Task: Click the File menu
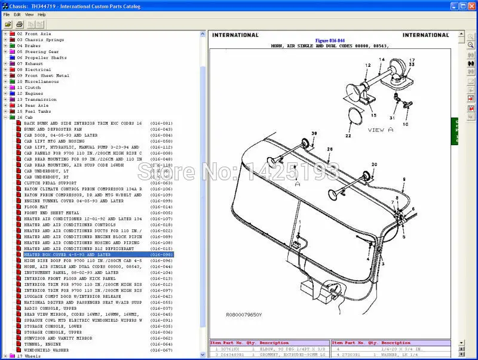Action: [7, 14]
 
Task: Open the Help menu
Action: [41, 14]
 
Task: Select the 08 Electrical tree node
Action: [38, 70]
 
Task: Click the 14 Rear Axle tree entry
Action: [36, 105]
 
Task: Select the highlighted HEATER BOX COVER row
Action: [67, 254]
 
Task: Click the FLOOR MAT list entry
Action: [36, 207]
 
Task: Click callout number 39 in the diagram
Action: [314, 133]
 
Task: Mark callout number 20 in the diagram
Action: [374, 164]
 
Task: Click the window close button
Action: [471, 5]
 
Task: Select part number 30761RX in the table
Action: [230, 349]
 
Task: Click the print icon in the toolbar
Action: [20, 24]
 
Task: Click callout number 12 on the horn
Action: [367, 65]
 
